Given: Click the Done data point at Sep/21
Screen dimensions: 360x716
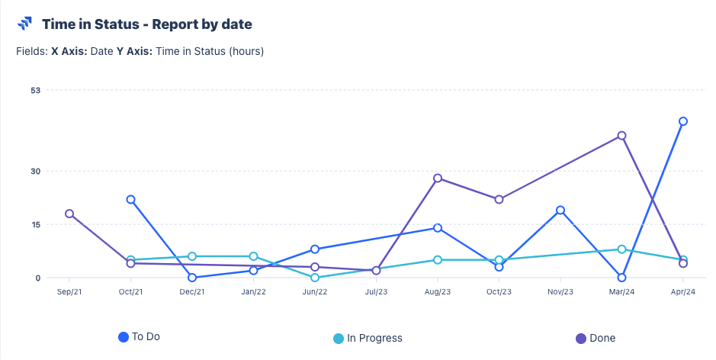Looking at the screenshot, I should tap(69, 214).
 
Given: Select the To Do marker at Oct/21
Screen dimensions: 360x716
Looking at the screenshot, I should tap(131, 200).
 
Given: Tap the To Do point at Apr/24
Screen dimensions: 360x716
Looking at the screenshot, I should tap(683, 121).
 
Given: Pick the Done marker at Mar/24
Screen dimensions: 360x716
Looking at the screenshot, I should tap(622, 136).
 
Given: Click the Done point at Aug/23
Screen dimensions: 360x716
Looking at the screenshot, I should tap(438, 178).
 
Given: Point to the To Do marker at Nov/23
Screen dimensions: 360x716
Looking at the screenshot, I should tap(560, 211).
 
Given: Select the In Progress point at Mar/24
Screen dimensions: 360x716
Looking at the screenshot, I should tap(622, 249).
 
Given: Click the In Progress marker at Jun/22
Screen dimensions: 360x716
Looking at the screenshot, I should tap(315, 278).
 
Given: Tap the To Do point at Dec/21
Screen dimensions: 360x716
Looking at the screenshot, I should tap(192, 278).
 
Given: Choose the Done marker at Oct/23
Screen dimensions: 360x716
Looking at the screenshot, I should tap(499, 200).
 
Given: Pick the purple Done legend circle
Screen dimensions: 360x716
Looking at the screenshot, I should tap(580, 338).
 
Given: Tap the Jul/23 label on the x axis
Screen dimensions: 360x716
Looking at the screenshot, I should tap(376, 291).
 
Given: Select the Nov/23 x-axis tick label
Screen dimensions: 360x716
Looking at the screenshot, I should tap(560, 291).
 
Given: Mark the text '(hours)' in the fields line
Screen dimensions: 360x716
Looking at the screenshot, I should tap(244, 52).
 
